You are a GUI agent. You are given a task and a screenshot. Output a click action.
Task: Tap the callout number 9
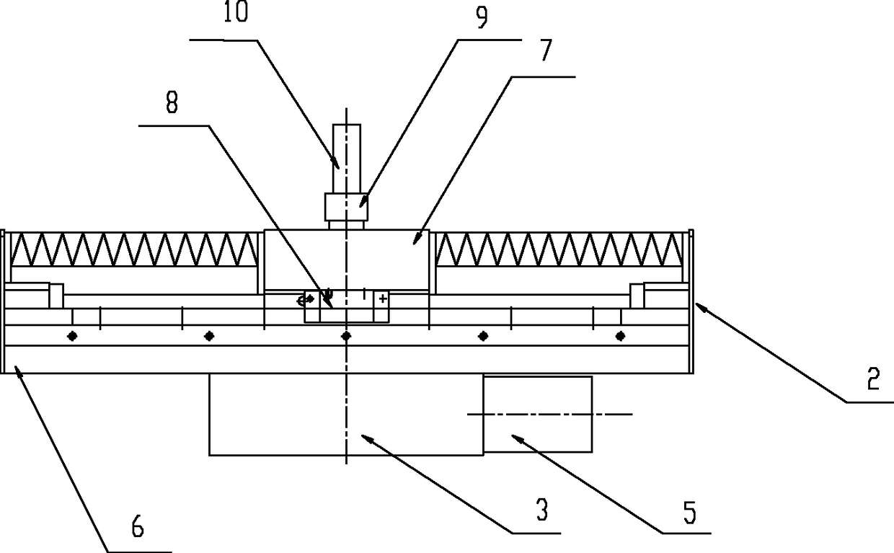pyautogui.click(x=481, y=17)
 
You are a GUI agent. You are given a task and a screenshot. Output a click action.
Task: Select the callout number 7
pyautogui.click(x=546, y=51)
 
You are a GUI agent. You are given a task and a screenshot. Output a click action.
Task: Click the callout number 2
pyautogui.click(x=873, y=380)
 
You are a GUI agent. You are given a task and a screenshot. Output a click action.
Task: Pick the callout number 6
pyautogui.click(x=137, y=529)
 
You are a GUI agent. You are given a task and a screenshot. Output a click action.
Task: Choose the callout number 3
pyautogui.click(x=541, y=512)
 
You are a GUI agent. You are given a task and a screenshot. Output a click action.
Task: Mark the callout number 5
pyautogui.click(x=689, y=513)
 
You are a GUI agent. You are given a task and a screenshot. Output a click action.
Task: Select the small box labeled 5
pyautogui.click(x=538, y=414)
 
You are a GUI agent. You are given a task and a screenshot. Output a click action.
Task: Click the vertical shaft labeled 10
pyautogui.click(x=346, y=148)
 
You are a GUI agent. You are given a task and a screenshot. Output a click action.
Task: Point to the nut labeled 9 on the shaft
pyautogui.click(x=346, y=207)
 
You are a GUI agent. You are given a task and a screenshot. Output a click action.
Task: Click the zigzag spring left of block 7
pyautogui.click(x=134, y=249)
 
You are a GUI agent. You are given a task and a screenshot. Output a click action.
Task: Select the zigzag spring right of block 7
pyautogui.click(x=559, y=249)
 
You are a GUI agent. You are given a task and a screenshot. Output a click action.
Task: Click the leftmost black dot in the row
pyautogui.click(x=72, y=336)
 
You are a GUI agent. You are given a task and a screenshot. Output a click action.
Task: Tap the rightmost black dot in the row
pyautogui.click(x=620, y=336)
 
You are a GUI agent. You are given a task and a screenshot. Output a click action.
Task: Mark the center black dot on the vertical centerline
pyautogui.click(x=346, y=336)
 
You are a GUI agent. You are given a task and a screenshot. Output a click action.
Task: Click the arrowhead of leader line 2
pyautogui.click(x=697, y=305)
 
